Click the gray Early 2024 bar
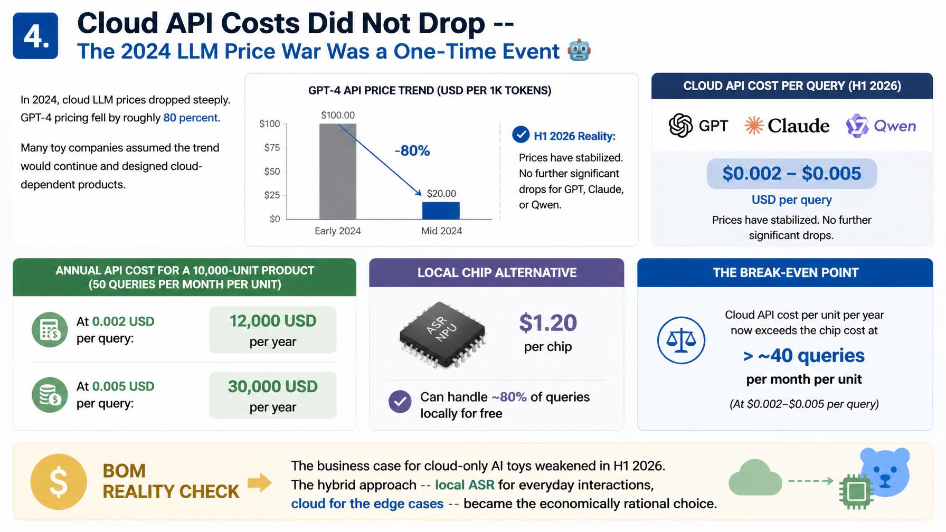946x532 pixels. (x=338, y=171)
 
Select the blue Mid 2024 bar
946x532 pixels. (x=441, y=211)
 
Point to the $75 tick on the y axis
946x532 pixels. (x=272, y=148)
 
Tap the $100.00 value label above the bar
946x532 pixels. (x=338, y=115)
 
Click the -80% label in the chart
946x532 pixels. (x=412, y=151)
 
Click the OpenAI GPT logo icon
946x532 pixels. (x=680, y=126)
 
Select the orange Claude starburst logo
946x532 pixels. (x=754, y=126)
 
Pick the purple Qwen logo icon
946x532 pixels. (x=857, y=126)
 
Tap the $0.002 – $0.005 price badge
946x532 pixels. (x=791, y=174)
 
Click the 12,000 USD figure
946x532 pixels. (x=273, y=321)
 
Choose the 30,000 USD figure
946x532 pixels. (x=273, y=386)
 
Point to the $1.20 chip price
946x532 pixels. (x=548, y=323)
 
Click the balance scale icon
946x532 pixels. (x=681, y=340)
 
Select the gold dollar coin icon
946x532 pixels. (x=58, y=482)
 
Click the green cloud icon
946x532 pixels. (x=755, y=478)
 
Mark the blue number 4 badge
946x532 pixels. (x=35, y=36)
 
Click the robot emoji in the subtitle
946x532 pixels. (x=579, y=51)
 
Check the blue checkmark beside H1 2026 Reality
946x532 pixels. (x=521, y=135)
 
